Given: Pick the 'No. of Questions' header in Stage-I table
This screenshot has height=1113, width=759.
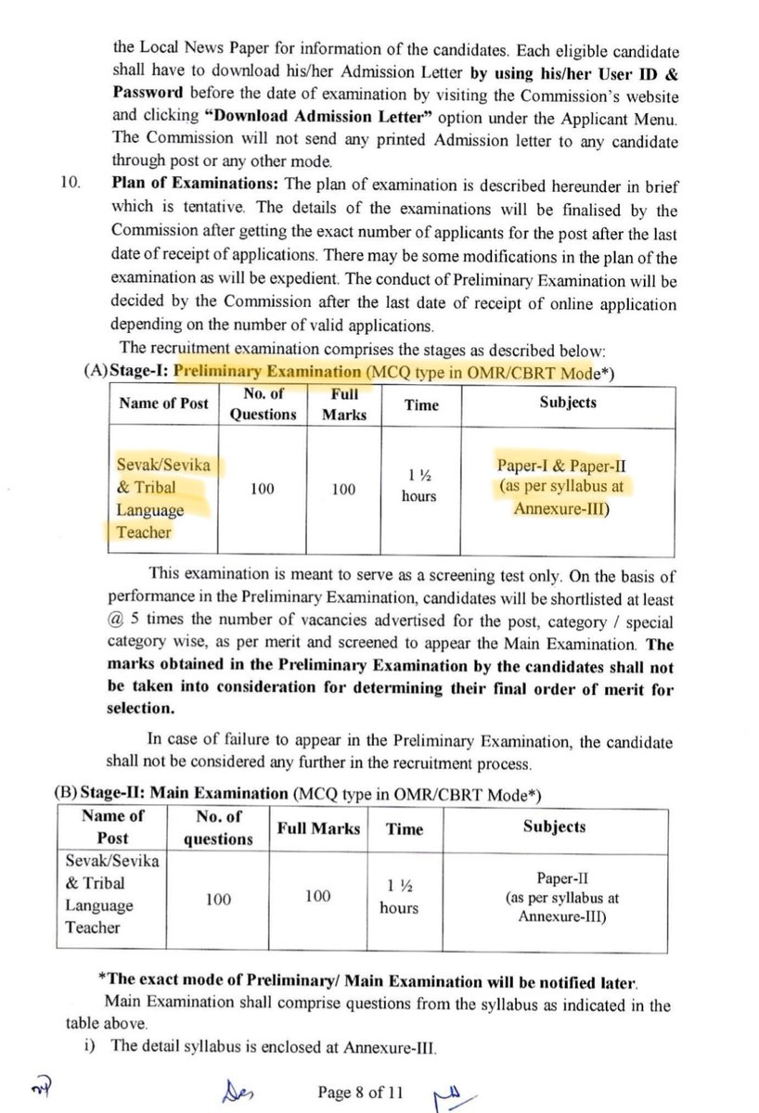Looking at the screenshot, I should [x=263, y=403].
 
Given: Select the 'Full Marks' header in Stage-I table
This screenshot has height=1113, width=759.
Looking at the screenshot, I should [x=343, y=403].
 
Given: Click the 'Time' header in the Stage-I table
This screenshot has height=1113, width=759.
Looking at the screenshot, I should [x=421, y=404].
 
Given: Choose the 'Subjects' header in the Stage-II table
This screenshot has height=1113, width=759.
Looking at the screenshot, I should [x=554, y=826].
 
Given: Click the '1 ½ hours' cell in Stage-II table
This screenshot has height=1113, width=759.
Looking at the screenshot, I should [x=399, y=897].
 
